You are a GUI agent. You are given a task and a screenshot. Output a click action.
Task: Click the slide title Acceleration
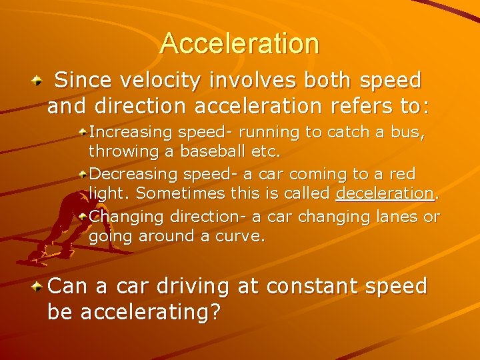(239, 44)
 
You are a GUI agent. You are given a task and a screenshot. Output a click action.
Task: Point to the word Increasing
(130, 132)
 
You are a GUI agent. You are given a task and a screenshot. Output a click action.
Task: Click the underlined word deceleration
(385, 193)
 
